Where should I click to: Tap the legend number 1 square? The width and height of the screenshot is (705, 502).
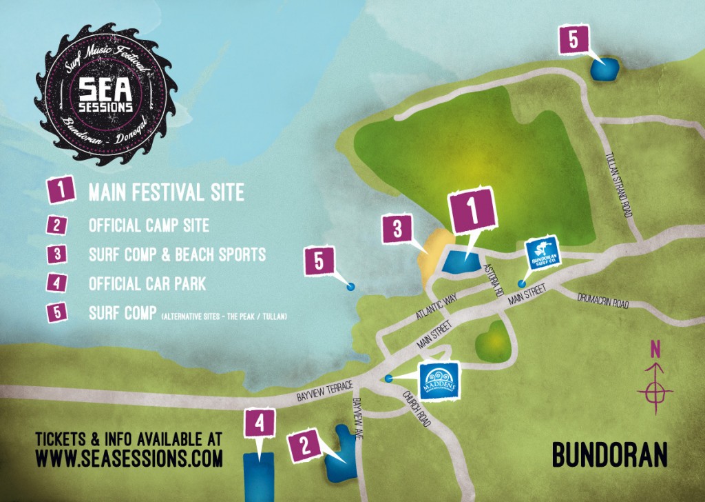[61, 190]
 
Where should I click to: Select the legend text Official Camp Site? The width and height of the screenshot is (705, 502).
[149, 225]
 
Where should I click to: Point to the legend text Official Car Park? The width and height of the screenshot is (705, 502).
[147, 283]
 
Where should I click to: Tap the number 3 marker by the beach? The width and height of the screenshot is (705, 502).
[397, 230]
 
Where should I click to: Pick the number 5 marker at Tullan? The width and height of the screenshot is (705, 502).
[573, 40]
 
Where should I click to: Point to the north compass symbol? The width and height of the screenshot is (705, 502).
[655, 386]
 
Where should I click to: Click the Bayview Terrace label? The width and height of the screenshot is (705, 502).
[324, 392]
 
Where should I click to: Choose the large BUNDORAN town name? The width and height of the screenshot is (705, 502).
[609, 455]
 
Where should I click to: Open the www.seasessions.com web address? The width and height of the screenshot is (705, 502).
[129, 457]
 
